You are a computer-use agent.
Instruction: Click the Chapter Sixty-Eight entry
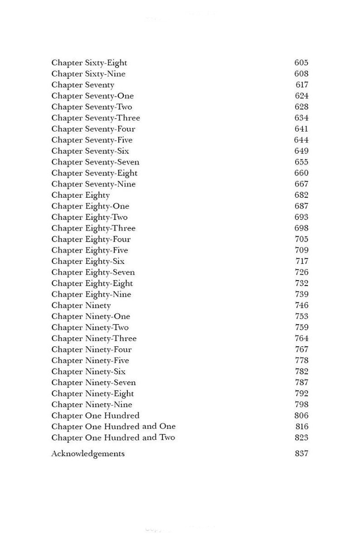tap(89, 63)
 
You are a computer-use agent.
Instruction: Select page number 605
tap(301, 63)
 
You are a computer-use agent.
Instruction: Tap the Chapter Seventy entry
tap(83, 85)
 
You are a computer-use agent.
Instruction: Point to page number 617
tap(302, 85)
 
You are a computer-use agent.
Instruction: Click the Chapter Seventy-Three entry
tap(95, 118)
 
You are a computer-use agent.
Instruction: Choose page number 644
tap(301, 140)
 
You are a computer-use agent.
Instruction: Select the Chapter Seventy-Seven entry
tap(95, 162)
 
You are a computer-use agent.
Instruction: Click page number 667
tap(301, 184)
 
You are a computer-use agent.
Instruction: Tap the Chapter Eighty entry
tap(80, 195)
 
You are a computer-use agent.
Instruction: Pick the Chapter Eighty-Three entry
tap(93, 228)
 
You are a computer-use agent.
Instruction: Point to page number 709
tap(301, 250)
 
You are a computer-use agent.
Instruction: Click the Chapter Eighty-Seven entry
tap(93, 272)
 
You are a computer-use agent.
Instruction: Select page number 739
tap(301, 294)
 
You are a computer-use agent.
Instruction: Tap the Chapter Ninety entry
tap(81, 306)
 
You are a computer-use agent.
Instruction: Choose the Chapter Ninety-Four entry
tap(91, 350)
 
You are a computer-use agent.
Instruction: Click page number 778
tap(301, 360)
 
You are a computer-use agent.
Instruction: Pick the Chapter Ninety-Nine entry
tap(92, 405)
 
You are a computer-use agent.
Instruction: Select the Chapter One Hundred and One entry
tap(113, 427)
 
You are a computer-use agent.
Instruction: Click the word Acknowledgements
tap(88, 454)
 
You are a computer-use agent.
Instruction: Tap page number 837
tap(301, 453)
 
